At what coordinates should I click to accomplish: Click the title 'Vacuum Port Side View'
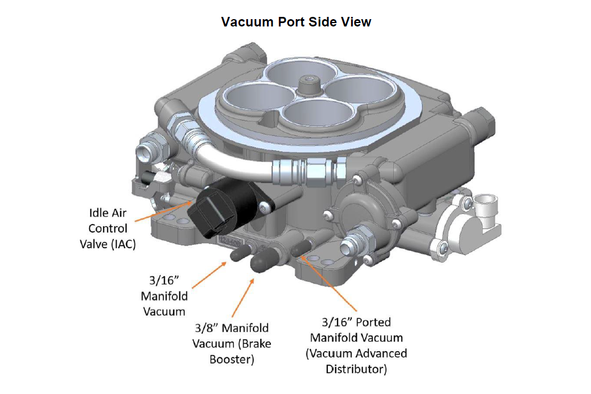coord(296,22)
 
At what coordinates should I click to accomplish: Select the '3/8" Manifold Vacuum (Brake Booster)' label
coord(232,343)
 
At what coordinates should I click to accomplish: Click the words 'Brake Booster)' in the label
coord(232,359)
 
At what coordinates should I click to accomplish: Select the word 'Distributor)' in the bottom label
coord(356,369)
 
